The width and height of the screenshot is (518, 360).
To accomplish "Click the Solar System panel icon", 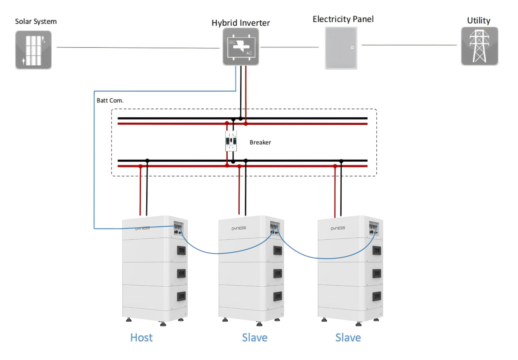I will point(33,50).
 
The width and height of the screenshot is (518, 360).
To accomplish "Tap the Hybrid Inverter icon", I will point(241,47).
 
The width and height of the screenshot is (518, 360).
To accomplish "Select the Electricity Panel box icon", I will point(341,48).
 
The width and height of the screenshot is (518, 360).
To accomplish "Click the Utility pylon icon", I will point(479,46).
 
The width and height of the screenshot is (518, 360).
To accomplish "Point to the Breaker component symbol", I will point(231,141).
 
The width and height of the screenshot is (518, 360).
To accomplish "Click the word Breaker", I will point(260,142).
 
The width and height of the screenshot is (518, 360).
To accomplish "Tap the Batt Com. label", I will point(110,100).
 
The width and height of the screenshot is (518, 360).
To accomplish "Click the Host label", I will point(141,338).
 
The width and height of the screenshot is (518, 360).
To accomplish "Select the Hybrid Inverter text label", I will point(240,23).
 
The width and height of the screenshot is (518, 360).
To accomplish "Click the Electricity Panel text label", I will point(343,19).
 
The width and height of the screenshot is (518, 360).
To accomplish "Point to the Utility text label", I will point(478,21).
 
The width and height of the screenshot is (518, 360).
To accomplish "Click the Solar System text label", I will point(36,21).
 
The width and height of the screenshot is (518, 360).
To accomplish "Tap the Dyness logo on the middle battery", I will point(239,228).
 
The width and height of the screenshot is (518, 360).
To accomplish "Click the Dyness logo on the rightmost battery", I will point(338,228).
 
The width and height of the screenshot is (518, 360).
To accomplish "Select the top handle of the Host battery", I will point(181,250).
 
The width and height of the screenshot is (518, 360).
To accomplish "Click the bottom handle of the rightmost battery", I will point(376,296).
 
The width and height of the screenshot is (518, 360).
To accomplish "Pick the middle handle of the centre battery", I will point(278,274).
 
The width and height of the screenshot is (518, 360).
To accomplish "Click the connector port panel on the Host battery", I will point(178,229).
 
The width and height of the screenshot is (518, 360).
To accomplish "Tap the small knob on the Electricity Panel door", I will point(352,47).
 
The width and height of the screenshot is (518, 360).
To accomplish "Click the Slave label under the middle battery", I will point(254,338).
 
